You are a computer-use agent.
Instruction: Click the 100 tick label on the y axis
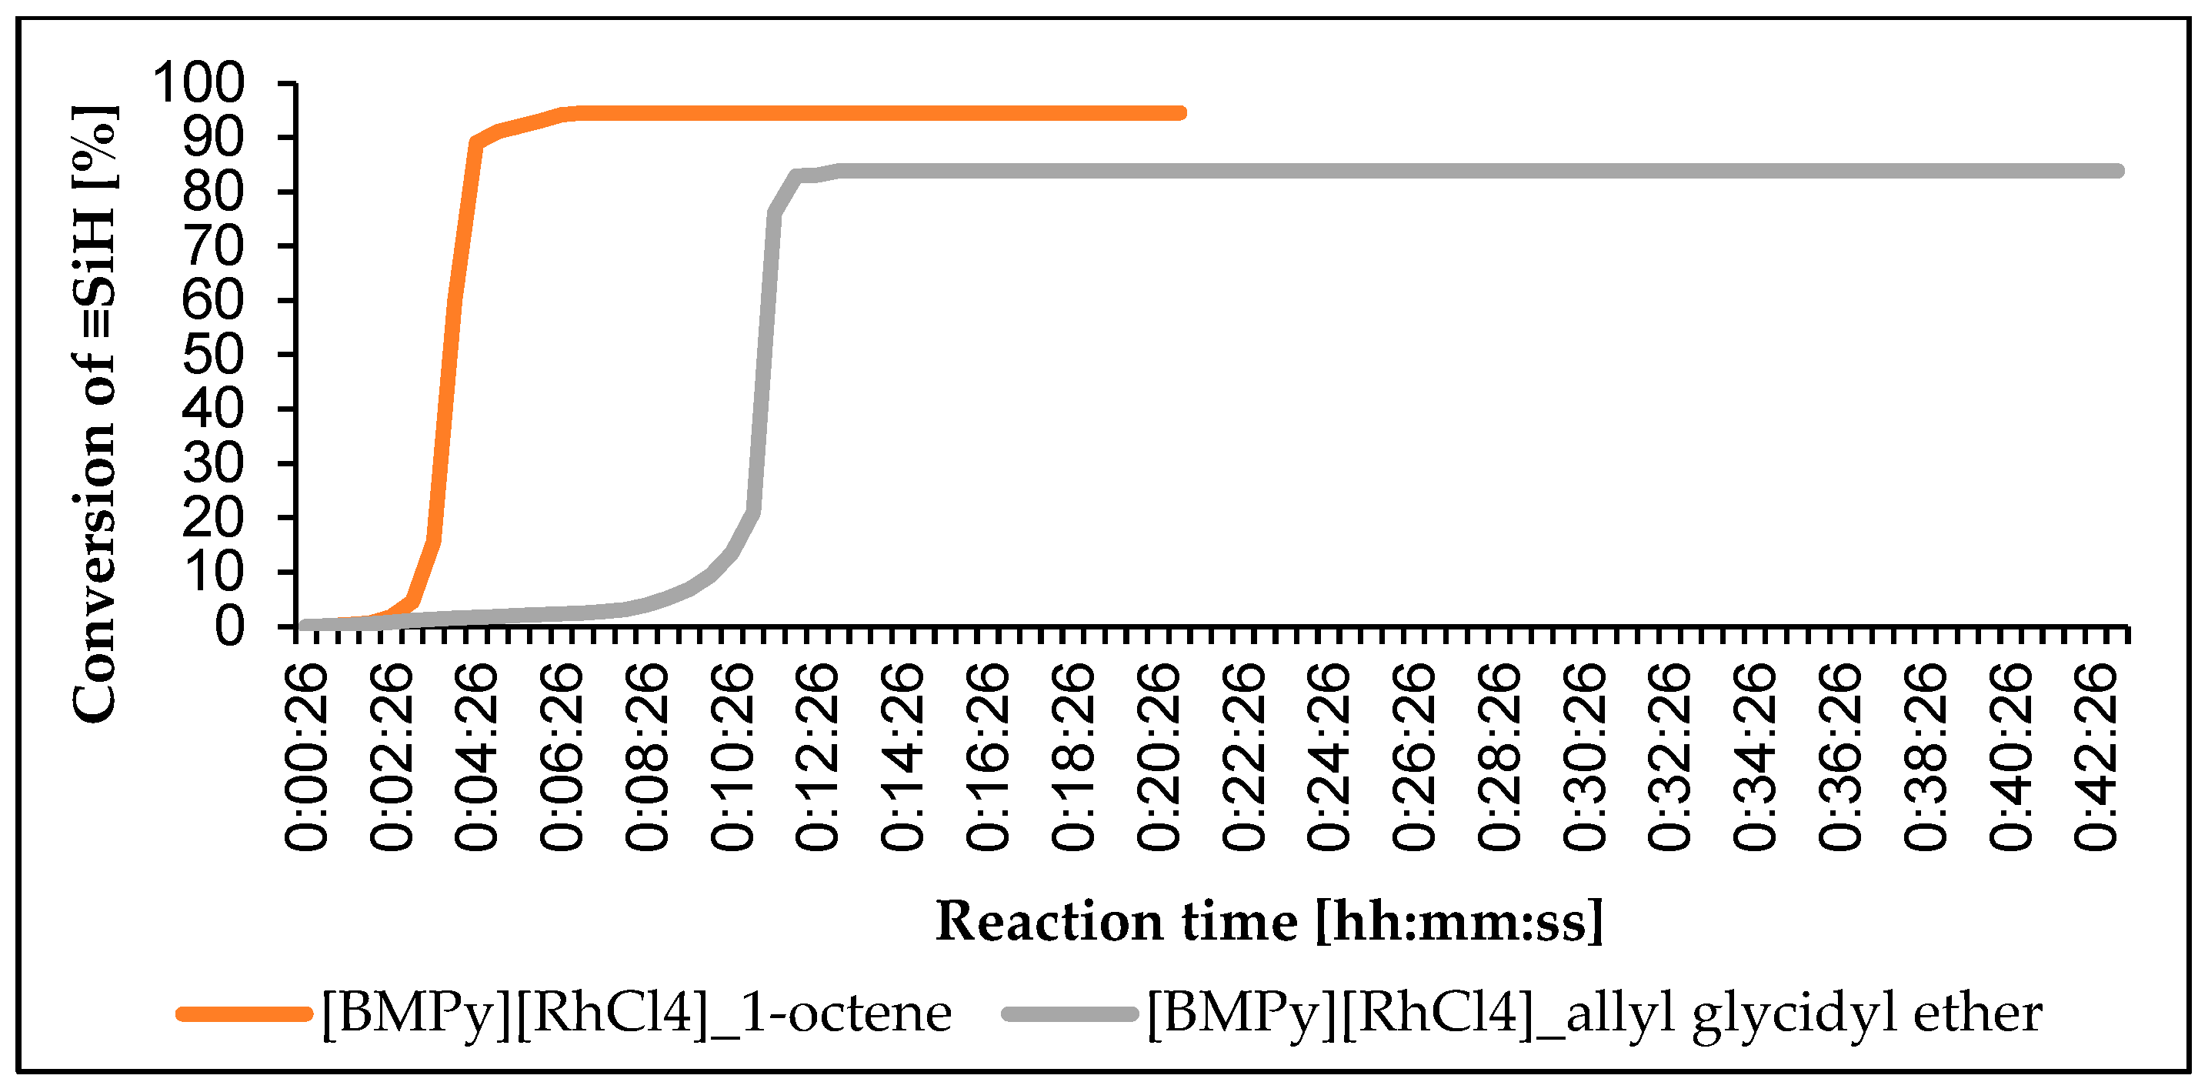[x=198, y=83]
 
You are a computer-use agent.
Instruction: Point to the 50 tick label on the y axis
[x=213, y=355]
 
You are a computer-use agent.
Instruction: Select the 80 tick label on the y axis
[x=213, y=192]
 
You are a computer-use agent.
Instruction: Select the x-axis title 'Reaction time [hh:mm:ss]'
[x=1269, y=921]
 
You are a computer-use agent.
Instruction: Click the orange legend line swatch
[x=245, y=1014]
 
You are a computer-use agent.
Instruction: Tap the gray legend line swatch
[x=1069, y=1014]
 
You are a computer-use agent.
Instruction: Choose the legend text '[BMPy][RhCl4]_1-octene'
[x=636, y=1014]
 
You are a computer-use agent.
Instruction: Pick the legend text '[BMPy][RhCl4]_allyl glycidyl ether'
[x=1594, y=1014]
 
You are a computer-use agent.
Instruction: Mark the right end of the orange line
[x=1181, y=113]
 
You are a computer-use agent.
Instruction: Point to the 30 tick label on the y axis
[x=213, y=464]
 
